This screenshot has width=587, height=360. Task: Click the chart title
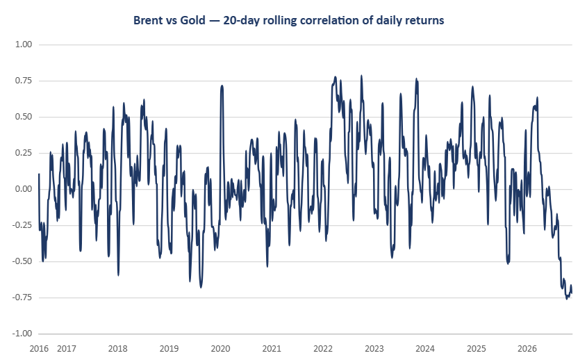tap(288, 20)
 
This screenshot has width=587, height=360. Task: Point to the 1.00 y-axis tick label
tap(24, 44)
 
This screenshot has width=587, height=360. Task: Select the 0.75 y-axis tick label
tap(24, 81)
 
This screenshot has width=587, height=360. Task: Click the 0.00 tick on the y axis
tap(24, 189)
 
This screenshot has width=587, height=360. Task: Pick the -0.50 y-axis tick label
tap(22, 261)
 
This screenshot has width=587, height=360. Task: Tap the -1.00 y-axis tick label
tap(22, 334)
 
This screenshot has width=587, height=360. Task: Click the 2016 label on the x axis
tap(39, 349)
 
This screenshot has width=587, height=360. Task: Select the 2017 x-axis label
tap(67, 349)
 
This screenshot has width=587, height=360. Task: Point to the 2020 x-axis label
tap(220, 349)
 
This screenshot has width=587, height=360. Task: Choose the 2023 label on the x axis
tap(374, 349)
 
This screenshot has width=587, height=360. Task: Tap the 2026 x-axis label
tap(527, 349)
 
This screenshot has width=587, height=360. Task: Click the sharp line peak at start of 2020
tap(222, 85)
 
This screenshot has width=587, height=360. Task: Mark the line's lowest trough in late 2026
tap(566, 299)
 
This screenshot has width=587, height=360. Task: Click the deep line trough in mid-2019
tap(201, 287)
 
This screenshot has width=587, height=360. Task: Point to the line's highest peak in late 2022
tap(361, 75)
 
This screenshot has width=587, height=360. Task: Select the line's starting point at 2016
tap(39, 174)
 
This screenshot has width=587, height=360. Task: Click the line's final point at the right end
tap(572, 293)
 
